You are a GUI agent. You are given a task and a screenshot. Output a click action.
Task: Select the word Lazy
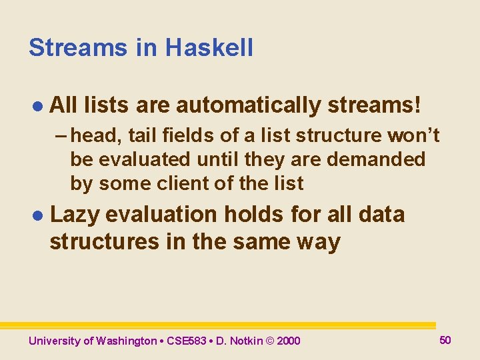pyautogui.click(x=75, y=215)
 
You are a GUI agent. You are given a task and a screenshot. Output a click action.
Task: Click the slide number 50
pyautogui.click(x=445, y=340)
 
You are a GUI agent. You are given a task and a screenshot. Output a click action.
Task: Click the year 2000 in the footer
pyautogui.click(x=288, y=341)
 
